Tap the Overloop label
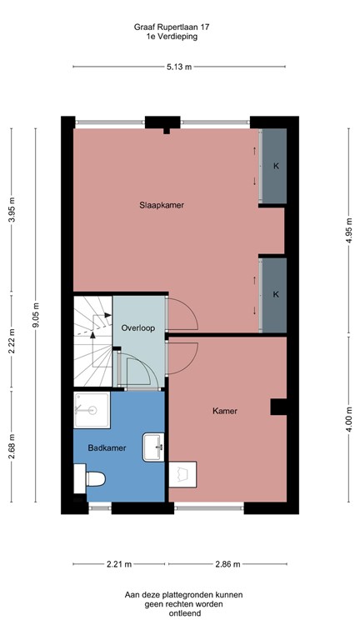pos(138,327)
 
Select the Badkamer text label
pos(107,447)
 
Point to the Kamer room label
pos(225,411)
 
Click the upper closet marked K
pos(274,166)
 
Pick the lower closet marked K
pos(274,295)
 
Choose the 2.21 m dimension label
pos(120,564)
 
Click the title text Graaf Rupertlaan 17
pos(172,27)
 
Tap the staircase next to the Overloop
pos(92,340)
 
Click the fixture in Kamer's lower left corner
pos(182,475)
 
